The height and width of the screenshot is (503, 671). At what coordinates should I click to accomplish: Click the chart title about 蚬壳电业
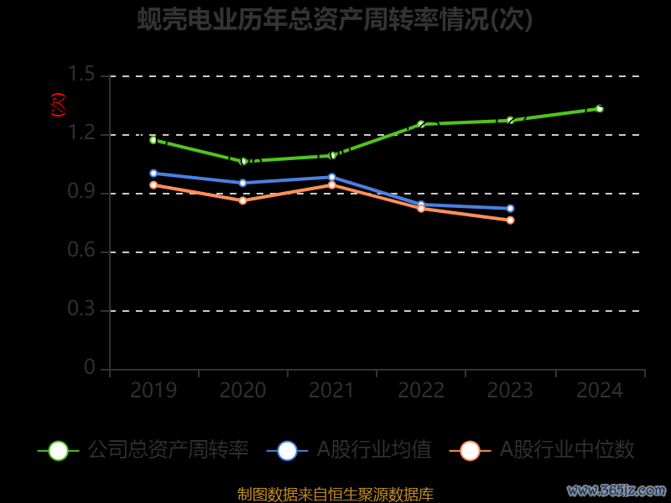pyautogui.click(x=335, y=19)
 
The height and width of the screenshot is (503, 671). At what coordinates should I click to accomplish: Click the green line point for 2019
pyautogui.click(x=153, y=140)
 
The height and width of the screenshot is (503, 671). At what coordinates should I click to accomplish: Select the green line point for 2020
pyautogui.click(x=243, y=161)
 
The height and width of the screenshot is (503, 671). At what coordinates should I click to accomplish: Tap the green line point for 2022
pyautogui.click(x=421, y=124)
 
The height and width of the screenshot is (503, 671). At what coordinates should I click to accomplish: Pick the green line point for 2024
pyautogui.click(x=599, y=108)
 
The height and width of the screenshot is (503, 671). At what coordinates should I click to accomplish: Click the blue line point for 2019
pyautogui.click(x=153, y=174)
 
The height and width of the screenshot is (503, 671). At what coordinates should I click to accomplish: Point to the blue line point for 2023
pyautogui.click(x=510, y=208)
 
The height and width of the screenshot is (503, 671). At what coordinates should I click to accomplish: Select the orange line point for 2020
pyautogui.click(x=243, y=200)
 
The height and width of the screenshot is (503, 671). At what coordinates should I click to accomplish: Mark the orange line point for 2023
pyautogui.click(x=510, y=220)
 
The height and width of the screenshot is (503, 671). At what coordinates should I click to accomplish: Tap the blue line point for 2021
pyautogui.click(x=332, y=177)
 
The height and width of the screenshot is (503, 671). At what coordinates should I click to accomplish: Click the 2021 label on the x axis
pyautogui.click(x=332, y=391)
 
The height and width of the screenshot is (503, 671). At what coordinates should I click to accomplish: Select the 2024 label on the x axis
pyautogui.click(x=599, y=391)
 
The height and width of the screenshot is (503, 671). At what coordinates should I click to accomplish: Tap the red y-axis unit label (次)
pyautogui.click(x=58, y=106)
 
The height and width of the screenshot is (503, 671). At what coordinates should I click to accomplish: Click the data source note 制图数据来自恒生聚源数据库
pyautogui.click(x=335, y=495)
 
